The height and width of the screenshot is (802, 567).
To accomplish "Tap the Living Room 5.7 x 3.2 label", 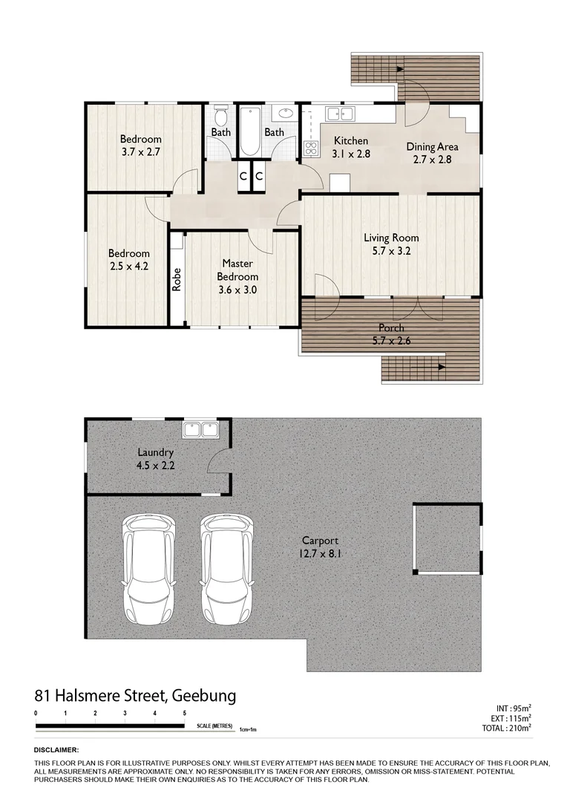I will click(x=391, y=244).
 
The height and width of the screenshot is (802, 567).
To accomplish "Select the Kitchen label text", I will click(x=351, y=141).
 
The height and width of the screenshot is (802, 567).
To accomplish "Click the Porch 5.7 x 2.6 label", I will click(x=390, y=334).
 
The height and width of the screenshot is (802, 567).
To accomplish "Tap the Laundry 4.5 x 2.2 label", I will click(x=156, y=459).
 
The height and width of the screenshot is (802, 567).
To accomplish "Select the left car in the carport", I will click(x=150, y=558).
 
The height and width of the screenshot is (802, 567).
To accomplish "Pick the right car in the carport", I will click(x=226, y=558).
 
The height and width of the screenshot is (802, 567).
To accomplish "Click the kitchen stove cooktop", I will click(x=310, y=147).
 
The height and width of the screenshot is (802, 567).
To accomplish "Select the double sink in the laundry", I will click(x=200, y=429).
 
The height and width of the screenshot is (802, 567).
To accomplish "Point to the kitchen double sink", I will click(x=341, y=114).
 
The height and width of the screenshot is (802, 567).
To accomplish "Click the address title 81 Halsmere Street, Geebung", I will click(x=135, y=696).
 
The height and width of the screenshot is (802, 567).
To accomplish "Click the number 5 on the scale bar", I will click(x=184, y=713).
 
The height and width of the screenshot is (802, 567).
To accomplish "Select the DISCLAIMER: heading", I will click(x=56, y=751).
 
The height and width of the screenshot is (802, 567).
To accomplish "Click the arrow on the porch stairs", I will click(x=441, y=366).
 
